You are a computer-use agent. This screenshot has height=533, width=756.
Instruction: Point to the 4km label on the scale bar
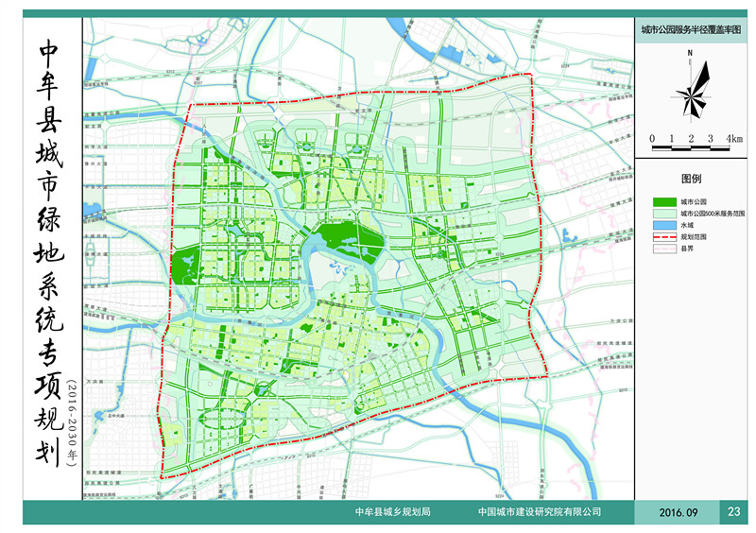pyautogui.click(x=733, y=139)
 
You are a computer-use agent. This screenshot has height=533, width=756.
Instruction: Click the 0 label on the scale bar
pyautogui.click(x=653, y=139)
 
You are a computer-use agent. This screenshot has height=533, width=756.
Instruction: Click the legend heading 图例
pyautogui.click(x=693, y=179)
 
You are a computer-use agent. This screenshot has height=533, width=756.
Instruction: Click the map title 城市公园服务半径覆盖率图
pyautogui.click(x=693, y=30)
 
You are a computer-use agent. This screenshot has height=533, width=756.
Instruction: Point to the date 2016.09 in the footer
pyautogui.click(x=678, y=512)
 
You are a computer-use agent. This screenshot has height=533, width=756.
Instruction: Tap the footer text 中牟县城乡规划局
pyautogui.click(x=392, y=512)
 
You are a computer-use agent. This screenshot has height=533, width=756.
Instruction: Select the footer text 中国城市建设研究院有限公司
pyautogui.click(x=540, y=512)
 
